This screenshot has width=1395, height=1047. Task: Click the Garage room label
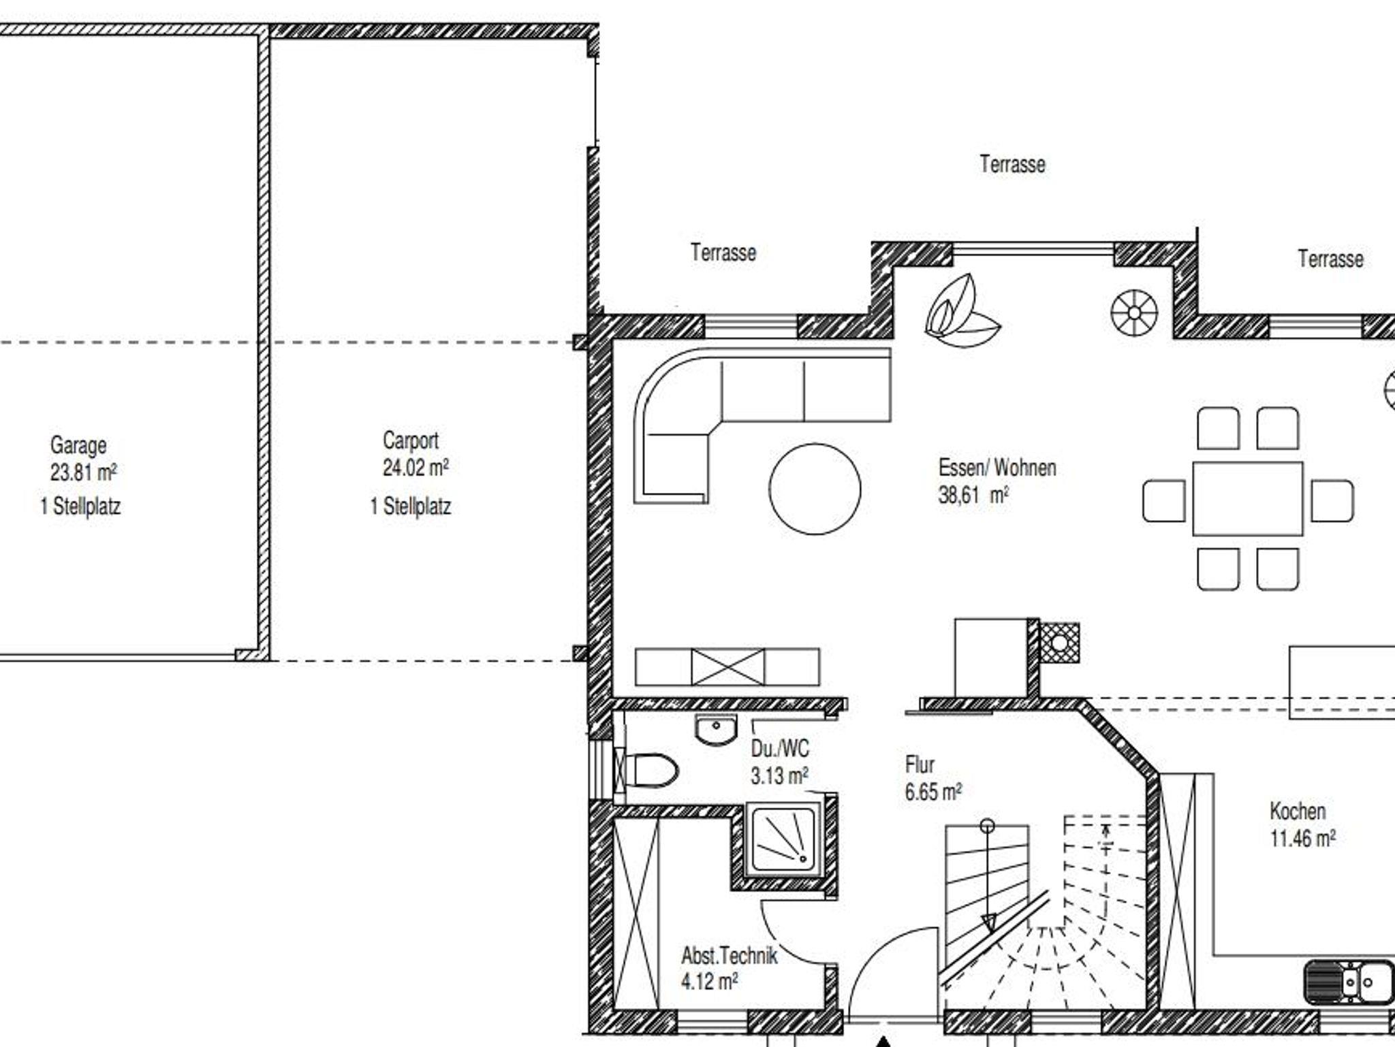pos(78,445)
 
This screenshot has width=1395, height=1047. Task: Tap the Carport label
pos(411,440)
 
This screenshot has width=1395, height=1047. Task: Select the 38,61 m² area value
pos(973,495)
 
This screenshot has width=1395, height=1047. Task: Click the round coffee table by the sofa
pos(815,489)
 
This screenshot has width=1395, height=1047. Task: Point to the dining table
pos(1248,499)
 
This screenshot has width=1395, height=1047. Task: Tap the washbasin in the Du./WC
pos(717,729)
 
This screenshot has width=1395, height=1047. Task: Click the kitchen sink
pos(1349,982)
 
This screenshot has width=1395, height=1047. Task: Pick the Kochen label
pos(1298,811)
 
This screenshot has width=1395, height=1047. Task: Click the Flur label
pos(920,764)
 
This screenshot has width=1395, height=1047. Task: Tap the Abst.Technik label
pos(729,955)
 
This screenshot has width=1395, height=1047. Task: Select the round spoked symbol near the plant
pos(1134,312)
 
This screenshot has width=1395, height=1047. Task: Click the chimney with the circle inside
pos(1060,643)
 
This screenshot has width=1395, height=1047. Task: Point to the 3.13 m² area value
pos(779,775)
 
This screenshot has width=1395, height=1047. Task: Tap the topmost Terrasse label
pos(1012,164)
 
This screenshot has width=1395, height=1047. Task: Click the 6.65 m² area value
pos(933,792)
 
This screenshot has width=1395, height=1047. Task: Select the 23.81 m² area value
pos(83,472)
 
